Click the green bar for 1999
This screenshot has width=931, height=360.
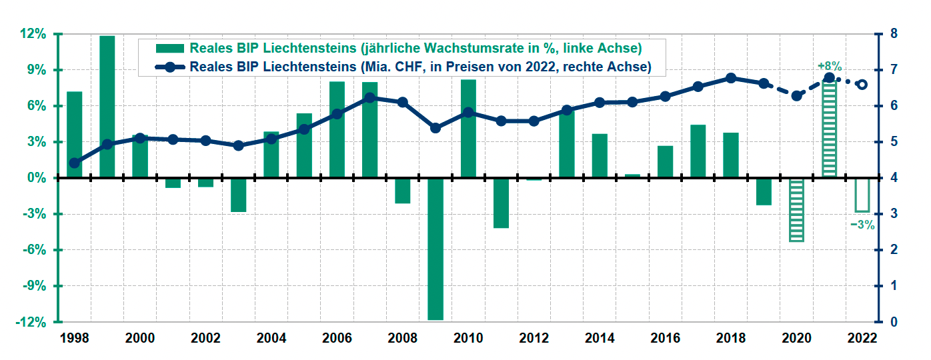pos(107,107)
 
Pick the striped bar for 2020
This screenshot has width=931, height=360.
pos(796,210)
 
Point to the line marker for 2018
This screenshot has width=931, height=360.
pos(731,78)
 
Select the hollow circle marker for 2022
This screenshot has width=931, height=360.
pos(862,85)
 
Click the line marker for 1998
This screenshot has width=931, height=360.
pos(75,163)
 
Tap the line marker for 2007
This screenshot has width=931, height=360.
pos(370,98)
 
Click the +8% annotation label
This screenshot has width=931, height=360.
pos(830,66)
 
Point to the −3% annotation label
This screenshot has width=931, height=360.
pos(862,225)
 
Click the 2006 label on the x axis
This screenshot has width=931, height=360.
pos(337,338)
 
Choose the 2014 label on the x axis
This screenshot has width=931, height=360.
pos(600,338)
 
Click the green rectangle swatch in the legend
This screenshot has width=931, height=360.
pos(169,48)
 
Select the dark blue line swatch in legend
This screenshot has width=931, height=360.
pos(169,67)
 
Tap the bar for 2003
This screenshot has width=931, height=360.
pos(239,195)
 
